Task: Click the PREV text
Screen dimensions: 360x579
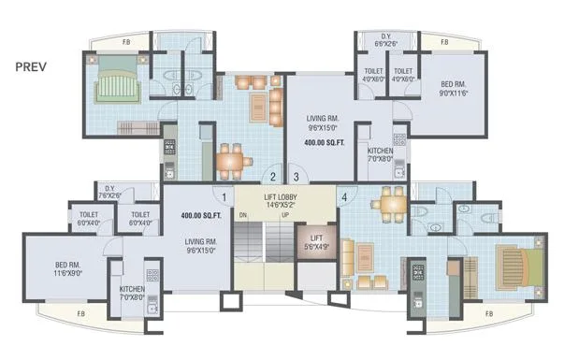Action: [33, 67]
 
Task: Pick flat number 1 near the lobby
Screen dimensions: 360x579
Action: [225, 196]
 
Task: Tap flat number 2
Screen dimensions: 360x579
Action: [272, 175]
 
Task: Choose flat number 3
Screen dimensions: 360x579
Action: [295, 175]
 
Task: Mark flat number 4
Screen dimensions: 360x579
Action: [344, 196]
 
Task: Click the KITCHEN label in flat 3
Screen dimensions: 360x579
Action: [380, 155]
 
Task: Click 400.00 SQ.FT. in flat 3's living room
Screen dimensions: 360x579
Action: [324, 143]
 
